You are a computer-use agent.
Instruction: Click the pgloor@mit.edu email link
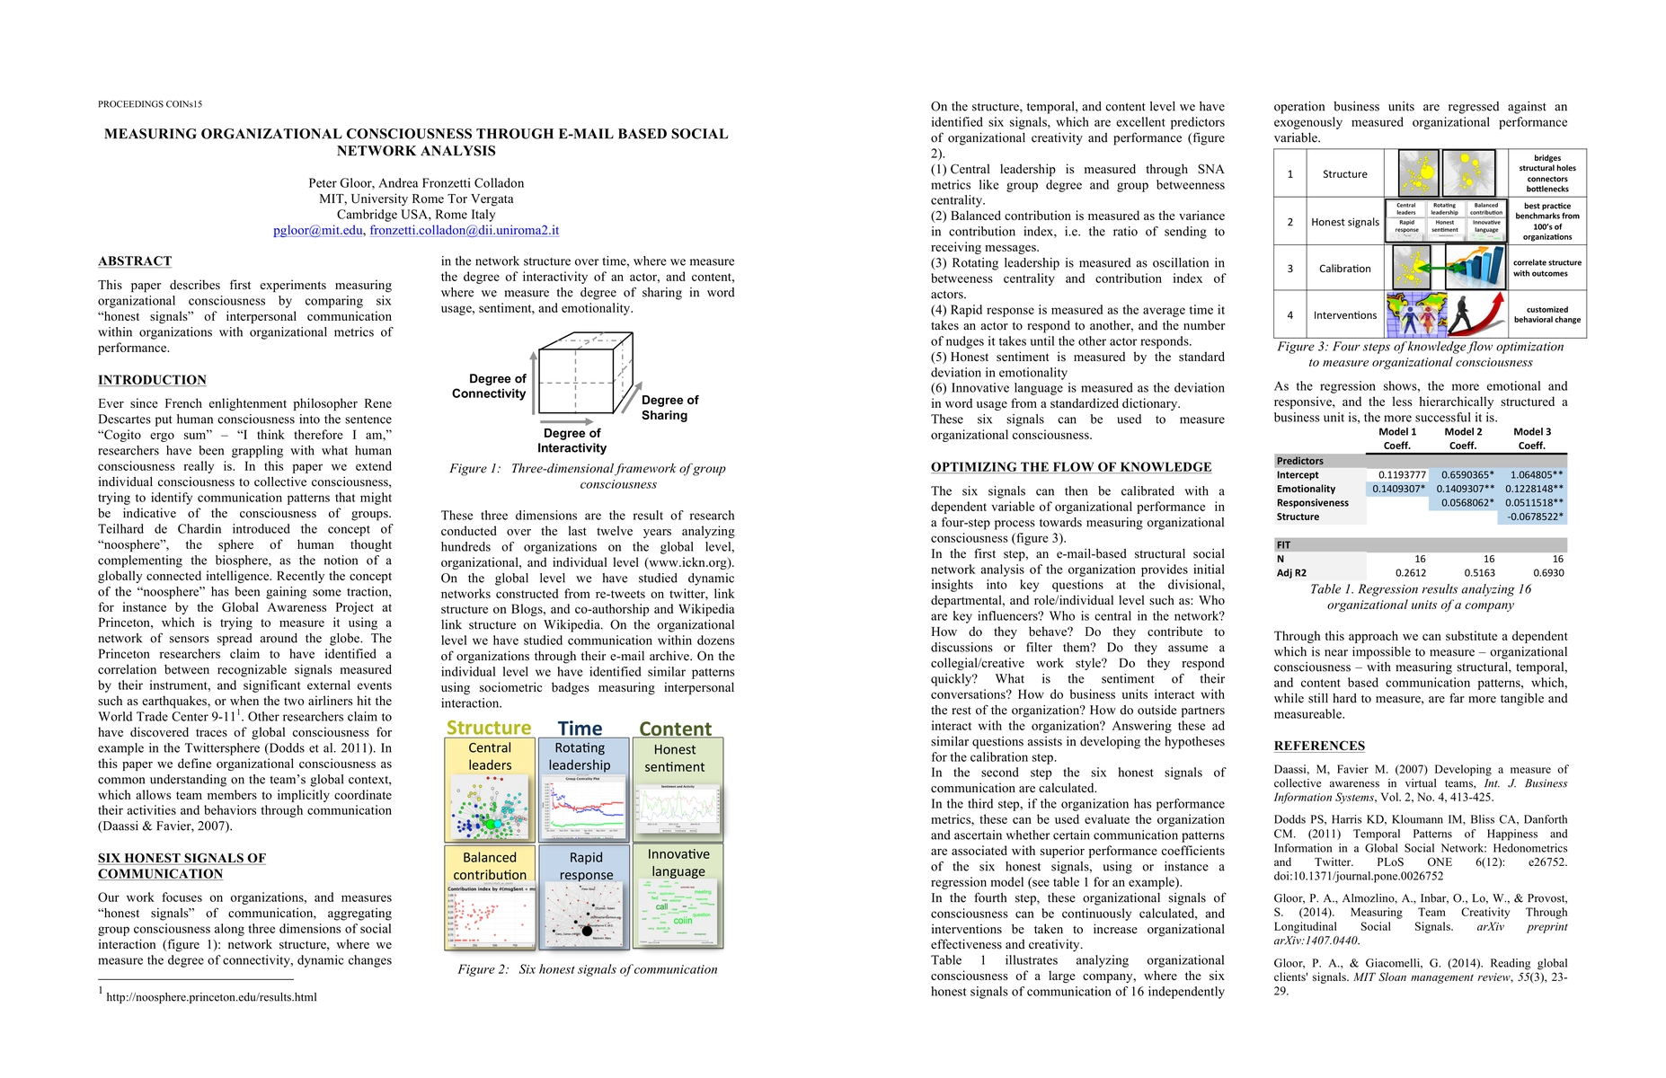[318, 230]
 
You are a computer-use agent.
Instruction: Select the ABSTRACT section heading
[135, 261]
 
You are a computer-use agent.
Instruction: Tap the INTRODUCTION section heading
[152, 380]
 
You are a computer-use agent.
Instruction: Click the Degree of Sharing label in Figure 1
[669, 408]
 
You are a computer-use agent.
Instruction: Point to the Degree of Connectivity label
[489, 386]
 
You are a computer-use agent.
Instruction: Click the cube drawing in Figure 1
[585, 373]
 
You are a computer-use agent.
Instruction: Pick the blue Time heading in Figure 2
[580, 729]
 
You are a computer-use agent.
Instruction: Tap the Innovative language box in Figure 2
[678, 895]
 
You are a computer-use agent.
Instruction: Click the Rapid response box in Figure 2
[585, 897]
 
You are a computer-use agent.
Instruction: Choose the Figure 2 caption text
[587, 969]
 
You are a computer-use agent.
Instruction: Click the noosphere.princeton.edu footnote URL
[211, 997]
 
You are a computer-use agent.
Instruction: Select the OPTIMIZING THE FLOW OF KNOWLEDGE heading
[1071, 467]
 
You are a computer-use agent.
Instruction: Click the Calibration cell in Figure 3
[1344, 269]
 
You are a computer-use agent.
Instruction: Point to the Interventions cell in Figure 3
[1344, 315]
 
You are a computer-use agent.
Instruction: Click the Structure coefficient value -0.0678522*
[1535, 517]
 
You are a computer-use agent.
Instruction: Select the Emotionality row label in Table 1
[1306, 489]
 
